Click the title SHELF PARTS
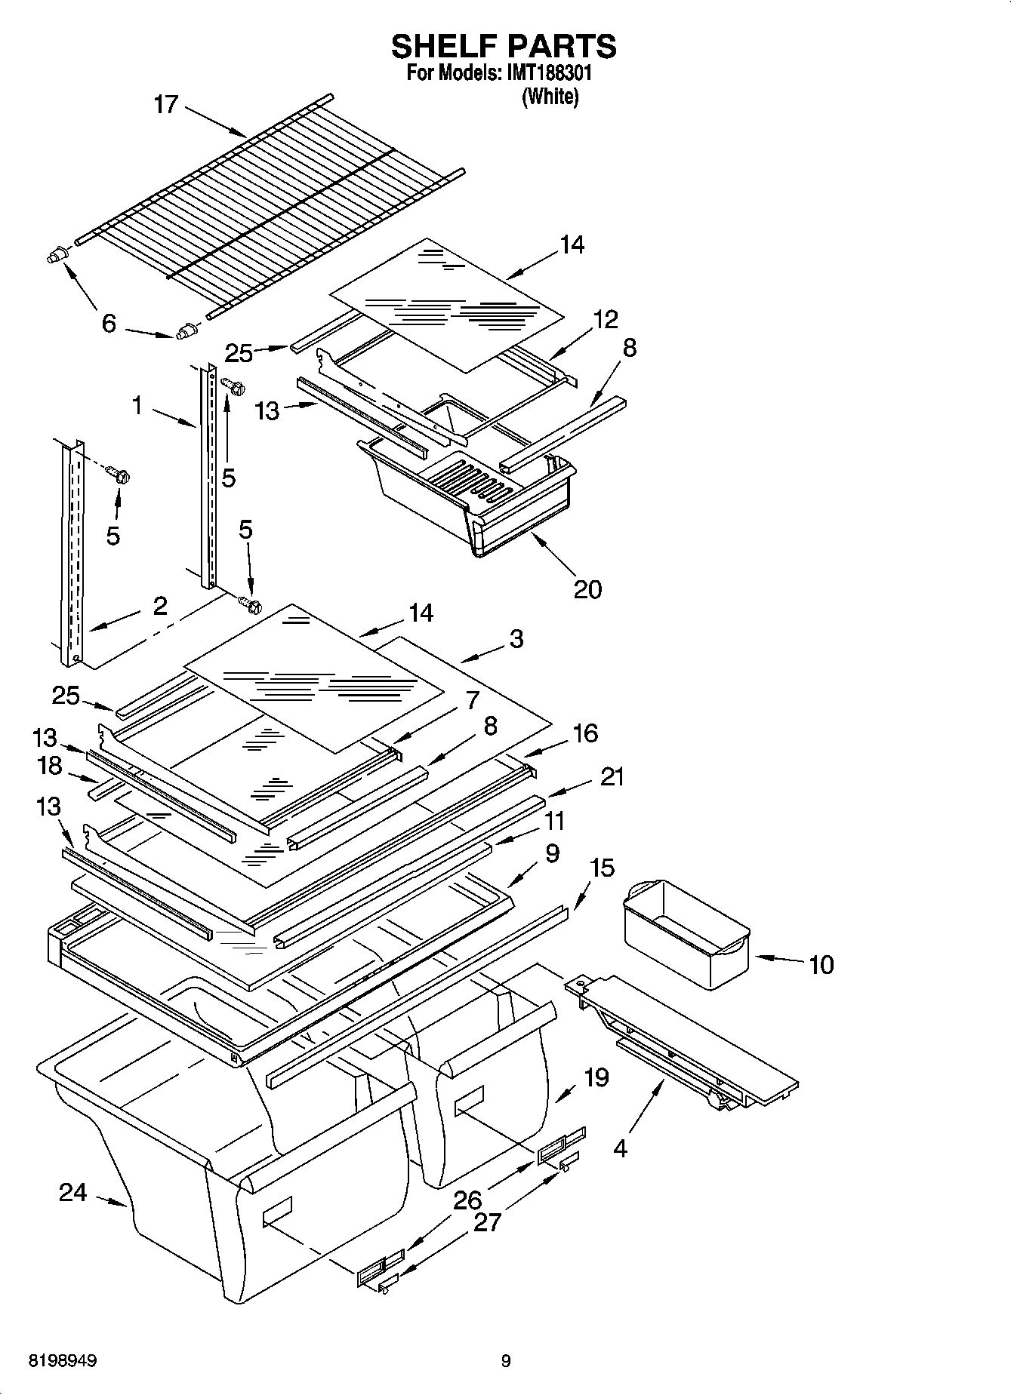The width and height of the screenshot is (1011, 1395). click(504, 47)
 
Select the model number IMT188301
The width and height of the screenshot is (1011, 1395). click(547, 74)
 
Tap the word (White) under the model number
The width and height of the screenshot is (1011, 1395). click(550, 97)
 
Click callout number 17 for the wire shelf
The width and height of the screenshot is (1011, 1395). click(165, 104)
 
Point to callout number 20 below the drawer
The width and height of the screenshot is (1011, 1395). click(587, 588)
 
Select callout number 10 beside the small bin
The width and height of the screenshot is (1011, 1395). click(821, 964)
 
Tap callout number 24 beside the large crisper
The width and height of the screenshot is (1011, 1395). click(73, 1193)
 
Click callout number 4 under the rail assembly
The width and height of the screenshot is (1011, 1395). click(620, 1148)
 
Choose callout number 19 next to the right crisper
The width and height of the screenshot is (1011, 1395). click(596, 1077)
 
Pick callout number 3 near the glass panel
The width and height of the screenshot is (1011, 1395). click(516, 639)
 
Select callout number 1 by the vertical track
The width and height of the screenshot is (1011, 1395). click(137, 406)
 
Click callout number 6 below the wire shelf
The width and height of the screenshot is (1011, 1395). click(109, 324)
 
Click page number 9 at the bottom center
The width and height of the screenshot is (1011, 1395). click(506, 1361)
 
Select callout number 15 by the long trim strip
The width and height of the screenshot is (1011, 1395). click(602, 868)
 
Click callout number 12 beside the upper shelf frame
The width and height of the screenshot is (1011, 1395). click(606, 319)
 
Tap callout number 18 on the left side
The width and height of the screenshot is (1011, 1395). click(50, 766)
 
